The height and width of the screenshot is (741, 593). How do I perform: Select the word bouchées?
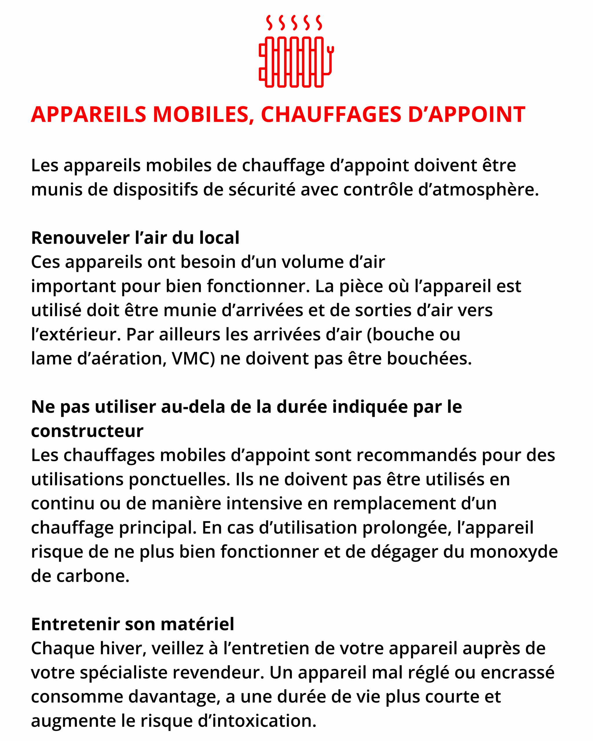click(429, 359)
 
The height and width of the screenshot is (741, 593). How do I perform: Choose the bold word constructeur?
click(87, 431)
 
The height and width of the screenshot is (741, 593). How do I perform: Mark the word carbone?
click(93, 576)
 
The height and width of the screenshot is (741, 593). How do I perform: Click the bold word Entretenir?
click(75, 624)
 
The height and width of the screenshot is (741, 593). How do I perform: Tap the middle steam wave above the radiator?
click(294, 22)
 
